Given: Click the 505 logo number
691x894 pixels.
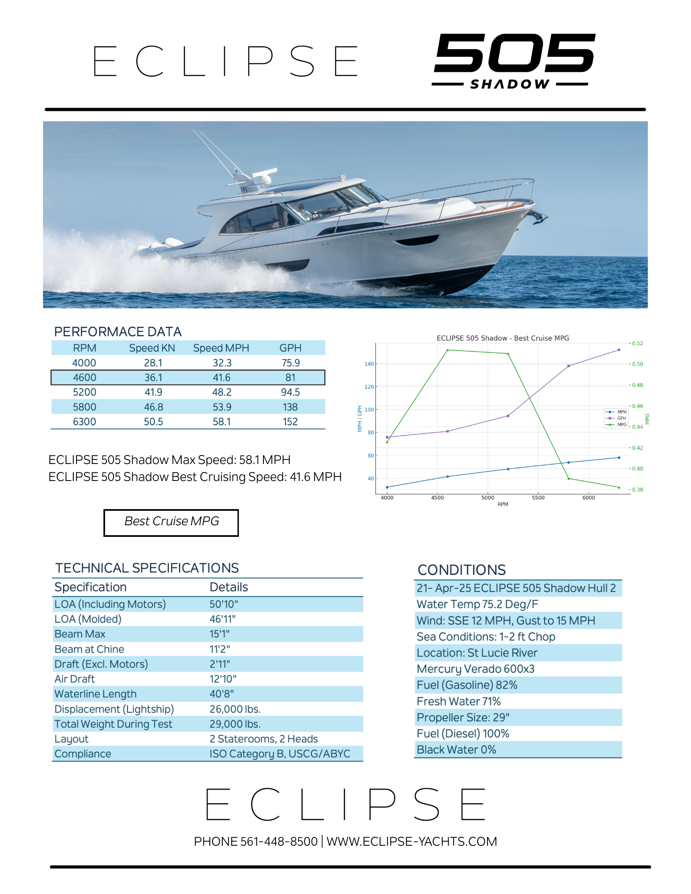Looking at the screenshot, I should coord(514,53).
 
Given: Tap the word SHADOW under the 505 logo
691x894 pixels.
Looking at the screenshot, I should coord(510,84).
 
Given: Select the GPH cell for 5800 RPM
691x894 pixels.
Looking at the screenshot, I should coord(290,407).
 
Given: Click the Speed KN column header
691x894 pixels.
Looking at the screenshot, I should coord(152,348).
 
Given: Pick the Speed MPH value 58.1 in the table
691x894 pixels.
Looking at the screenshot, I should coord(221,422).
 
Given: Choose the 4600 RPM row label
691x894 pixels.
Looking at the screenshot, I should coord(85,377).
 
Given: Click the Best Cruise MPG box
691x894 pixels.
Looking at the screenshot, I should coord(171,522).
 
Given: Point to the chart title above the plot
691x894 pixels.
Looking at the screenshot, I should coord(503,338).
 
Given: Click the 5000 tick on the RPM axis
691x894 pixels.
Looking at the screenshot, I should coord(488,498).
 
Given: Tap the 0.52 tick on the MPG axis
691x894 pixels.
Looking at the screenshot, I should coord(637,343).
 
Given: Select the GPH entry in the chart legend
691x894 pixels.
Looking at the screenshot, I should coord(621,418).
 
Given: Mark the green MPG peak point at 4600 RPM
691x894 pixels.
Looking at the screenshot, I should coord(448,350).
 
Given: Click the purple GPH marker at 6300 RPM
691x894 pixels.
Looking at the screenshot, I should coord(619,350).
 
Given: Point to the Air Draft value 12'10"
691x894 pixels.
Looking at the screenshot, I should coord(223,679).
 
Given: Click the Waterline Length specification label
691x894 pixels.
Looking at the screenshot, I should coord(95,694).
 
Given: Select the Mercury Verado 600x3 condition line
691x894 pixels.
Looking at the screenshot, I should coord(475,669).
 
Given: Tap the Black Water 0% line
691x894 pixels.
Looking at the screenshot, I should coord(456,750).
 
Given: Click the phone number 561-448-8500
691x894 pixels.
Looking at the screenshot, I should coord(279,841).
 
